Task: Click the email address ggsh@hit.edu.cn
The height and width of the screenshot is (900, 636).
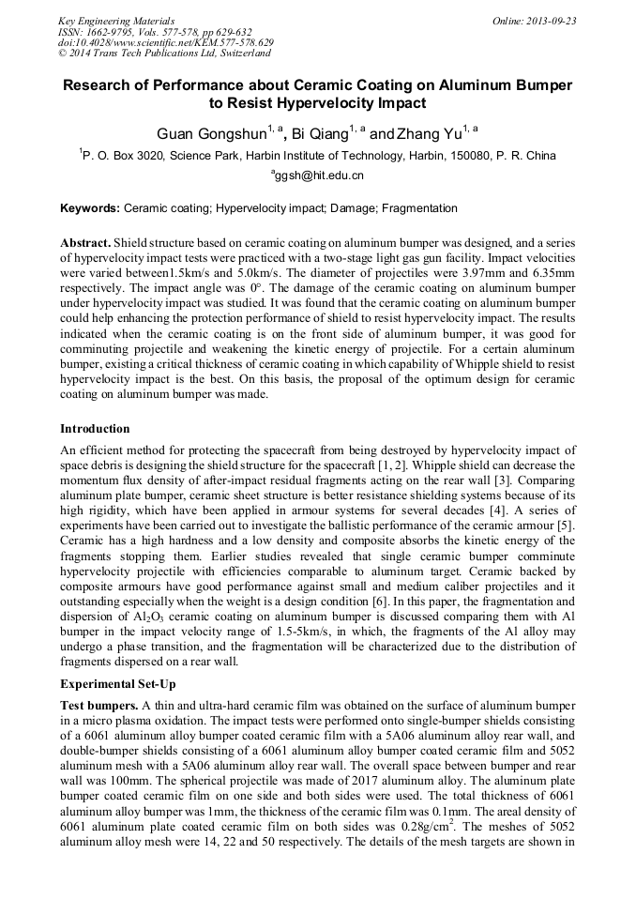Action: [320, 175]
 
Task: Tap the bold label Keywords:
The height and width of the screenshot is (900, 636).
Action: [89, 208]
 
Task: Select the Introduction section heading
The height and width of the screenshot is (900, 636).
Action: [95, 428]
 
